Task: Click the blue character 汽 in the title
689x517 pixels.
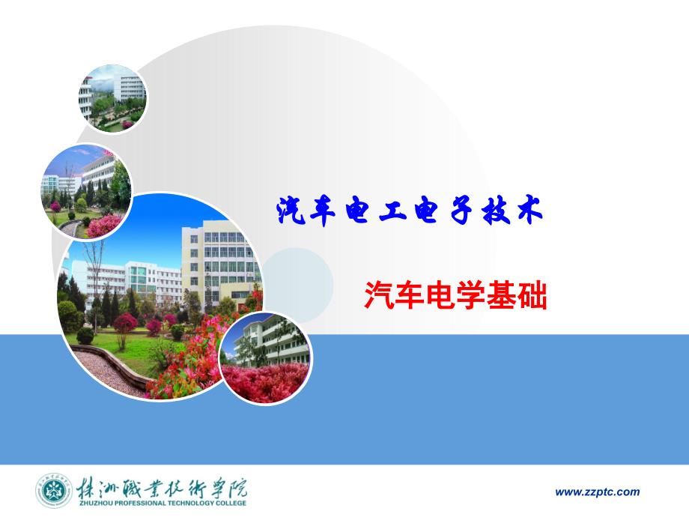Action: tap(291, 210)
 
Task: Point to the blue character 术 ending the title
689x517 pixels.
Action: tap(530, 211)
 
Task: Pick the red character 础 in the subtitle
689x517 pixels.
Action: tap(532, 295)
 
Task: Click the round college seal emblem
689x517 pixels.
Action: tap(54, 491)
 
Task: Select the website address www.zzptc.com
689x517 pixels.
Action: tap(598, 492)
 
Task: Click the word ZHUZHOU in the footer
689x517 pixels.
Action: tap(94, 504)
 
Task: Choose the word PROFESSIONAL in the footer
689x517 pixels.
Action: tap(139, 504)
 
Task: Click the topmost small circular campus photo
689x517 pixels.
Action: tap(112, 98)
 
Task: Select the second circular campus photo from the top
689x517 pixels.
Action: tap(86, 192)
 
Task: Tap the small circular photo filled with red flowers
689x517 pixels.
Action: tap(266, 357)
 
